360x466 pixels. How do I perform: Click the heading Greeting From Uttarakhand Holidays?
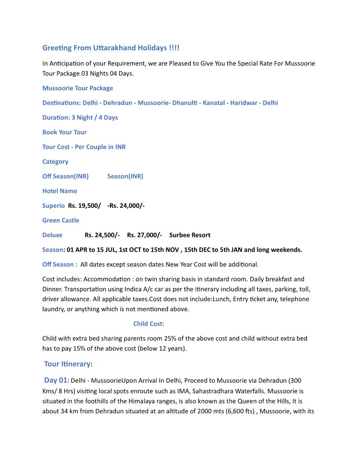pos(111,48)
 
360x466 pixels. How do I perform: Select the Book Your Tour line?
pos(64,132)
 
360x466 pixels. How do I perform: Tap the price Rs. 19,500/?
pos(84,206)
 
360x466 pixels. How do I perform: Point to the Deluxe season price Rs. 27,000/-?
pos(144,235)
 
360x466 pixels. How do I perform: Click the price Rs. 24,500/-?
pos(102,235)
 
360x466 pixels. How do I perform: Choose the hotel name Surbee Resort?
pos(190,235)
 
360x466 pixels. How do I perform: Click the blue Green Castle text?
pos(61,220)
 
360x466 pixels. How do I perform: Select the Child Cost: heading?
pos(149,323)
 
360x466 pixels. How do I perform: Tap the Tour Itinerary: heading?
pos(68,364)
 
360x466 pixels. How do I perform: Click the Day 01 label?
pos(56,380)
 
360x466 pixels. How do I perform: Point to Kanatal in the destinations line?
pos(214,103)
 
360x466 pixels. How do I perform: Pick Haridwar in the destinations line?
pos(244,103)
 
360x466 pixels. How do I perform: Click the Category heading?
pos(55,162)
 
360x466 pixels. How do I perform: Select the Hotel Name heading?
pos(60,191)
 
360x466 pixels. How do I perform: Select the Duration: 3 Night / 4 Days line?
pos(80,117)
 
